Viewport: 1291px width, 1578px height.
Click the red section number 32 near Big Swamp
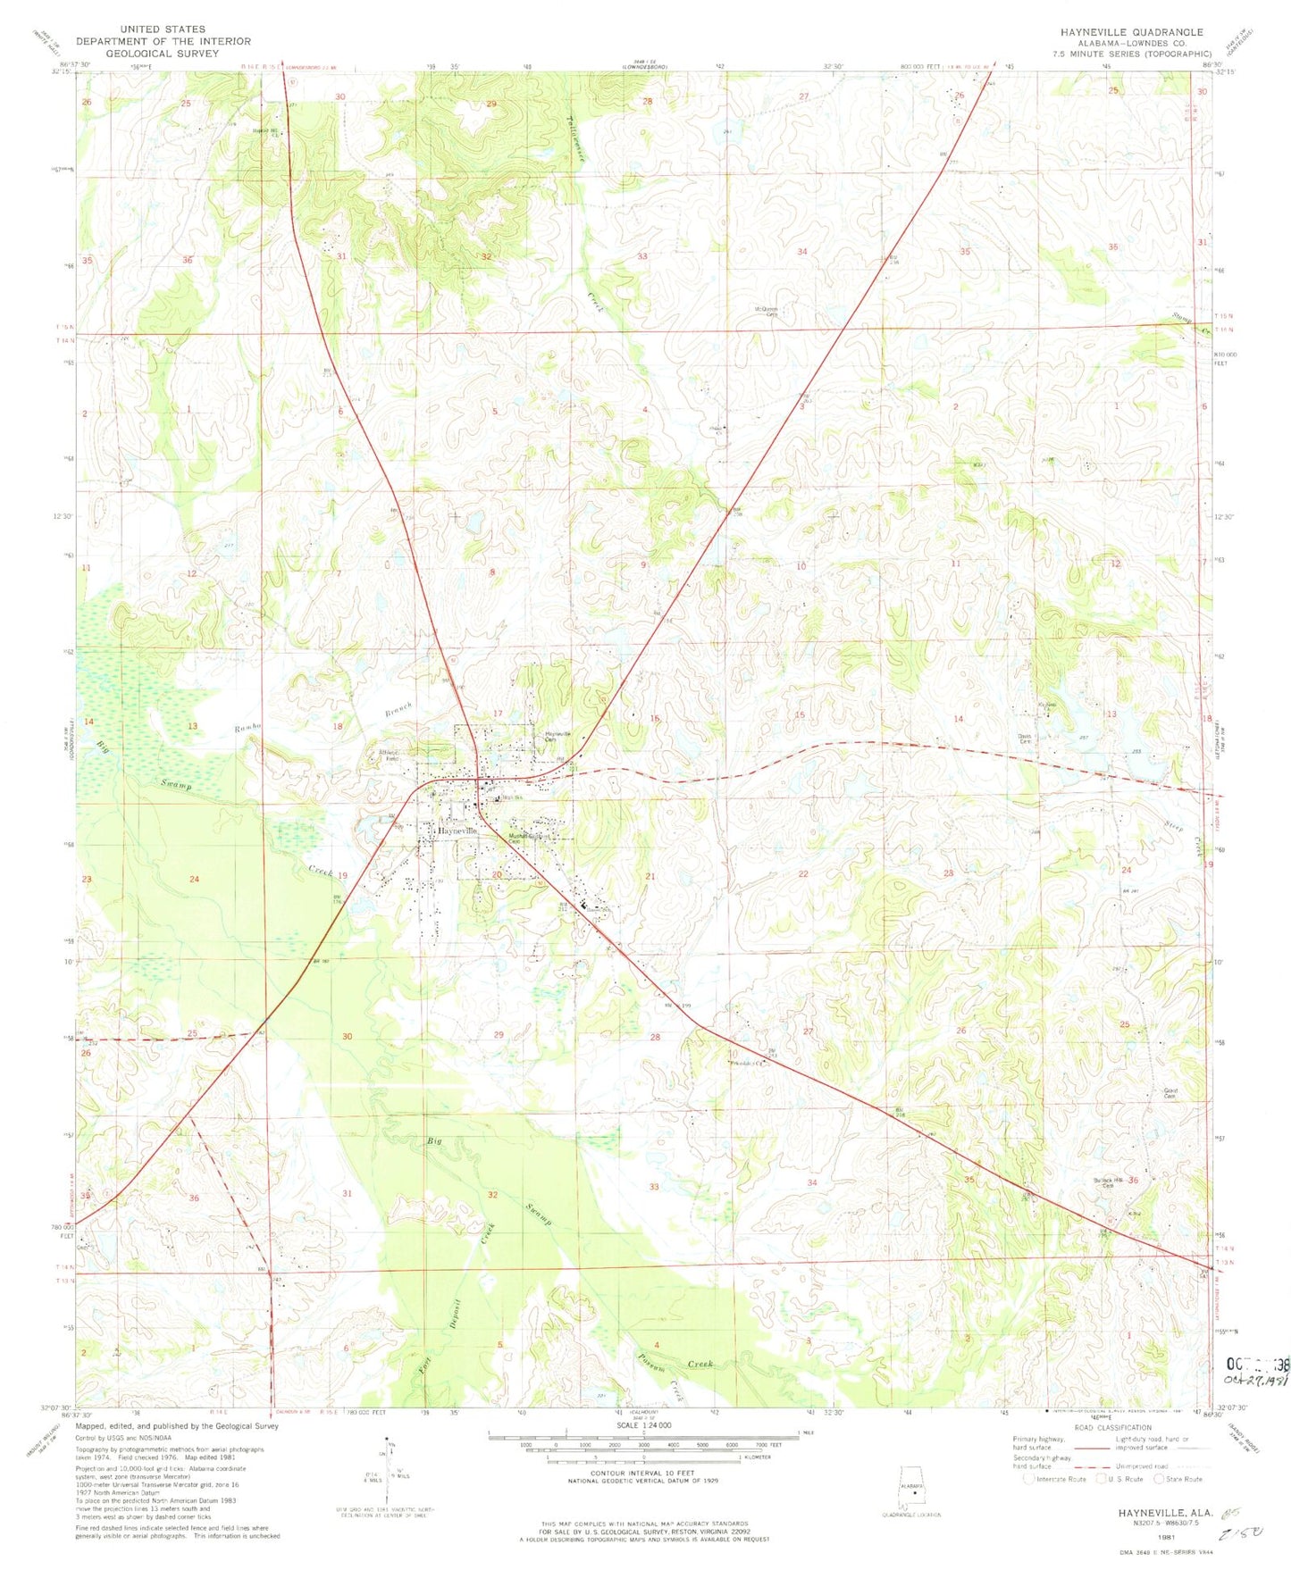(x=492, y=1194)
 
